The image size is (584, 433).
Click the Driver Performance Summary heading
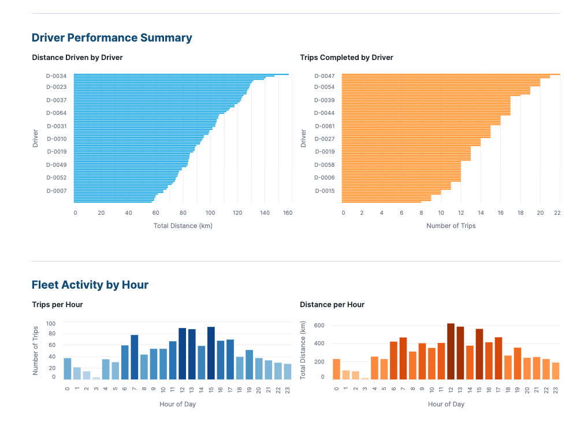tap(111, 38)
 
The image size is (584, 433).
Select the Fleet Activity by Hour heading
tap(90, 285)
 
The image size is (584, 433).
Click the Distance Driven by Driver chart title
tap(77, 58)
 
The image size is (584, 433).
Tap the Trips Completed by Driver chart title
tap(347, 58)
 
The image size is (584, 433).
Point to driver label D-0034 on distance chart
tap(56, 76)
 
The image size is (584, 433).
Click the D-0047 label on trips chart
tap(324, 76)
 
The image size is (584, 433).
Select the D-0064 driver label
tap(56, 113)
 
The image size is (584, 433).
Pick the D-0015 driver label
tap(324, 191)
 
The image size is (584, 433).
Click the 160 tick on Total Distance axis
tap(288, 213)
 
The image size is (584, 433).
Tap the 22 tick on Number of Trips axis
tap(557, 213)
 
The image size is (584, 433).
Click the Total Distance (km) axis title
tap(183, 226)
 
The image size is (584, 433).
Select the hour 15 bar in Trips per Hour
tap(211, 353)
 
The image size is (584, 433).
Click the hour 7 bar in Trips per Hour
tap(135, 357)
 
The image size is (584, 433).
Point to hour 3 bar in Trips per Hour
tap(96, 378)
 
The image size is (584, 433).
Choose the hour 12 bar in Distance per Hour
tap(451, 351)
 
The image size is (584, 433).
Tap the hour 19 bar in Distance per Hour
tap(518, 363)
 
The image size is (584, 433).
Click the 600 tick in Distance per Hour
tap(319, 326)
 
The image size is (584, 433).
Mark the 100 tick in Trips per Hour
tap(51, 324)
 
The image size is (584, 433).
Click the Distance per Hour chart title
tap(332, 305)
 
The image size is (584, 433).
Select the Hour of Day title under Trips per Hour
tap(177, 404)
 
